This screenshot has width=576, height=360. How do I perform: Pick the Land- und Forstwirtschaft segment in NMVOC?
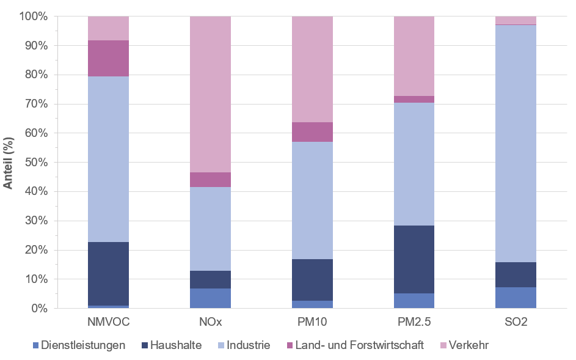[x=108, y=59]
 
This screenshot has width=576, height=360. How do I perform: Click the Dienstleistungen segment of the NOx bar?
[x=210, y=298]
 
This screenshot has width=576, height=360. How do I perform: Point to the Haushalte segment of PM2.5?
[x=414, y=259]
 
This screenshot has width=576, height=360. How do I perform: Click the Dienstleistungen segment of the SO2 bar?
[x=516, y=298]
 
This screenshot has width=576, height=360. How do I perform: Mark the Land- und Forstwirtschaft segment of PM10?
[x=312, y=132]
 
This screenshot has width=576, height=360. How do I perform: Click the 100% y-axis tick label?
[x=32, y=17]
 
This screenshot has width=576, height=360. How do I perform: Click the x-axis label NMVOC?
[x=108, y=321]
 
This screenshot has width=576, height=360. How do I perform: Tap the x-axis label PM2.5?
[x=414, y=321]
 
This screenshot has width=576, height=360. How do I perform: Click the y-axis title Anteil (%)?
[x=9, y=163]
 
